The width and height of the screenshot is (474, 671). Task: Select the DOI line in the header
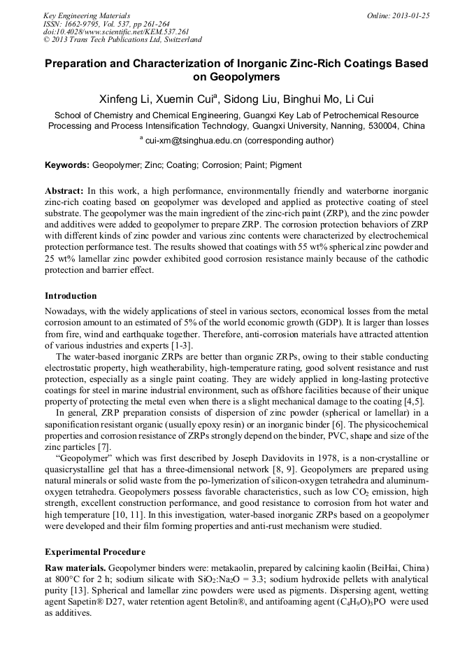[x=106, y=31]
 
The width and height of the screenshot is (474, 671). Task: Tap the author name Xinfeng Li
[x=128, y=99]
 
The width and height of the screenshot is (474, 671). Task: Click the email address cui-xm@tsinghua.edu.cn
[x=194, y=140]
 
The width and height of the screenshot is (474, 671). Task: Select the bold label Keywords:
[x=67, y=165]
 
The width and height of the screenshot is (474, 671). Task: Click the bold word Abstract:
[x=64, y=191]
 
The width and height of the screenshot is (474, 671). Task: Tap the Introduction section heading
[x=71, y=296]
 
